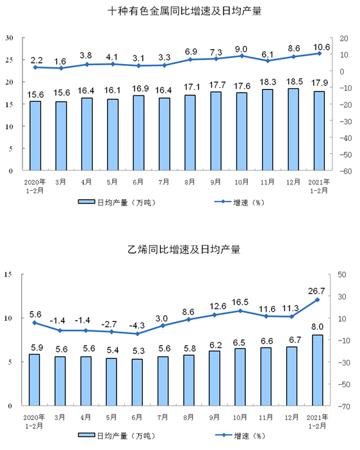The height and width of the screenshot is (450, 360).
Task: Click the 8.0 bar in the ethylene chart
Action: [318, 370]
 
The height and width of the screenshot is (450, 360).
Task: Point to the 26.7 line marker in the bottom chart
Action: [318, 300]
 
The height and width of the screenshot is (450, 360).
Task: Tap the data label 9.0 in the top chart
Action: [241, 49]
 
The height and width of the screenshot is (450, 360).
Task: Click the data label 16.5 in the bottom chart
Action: [241, 301]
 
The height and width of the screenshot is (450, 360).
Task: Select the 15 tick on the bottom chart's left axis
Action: [9, 275]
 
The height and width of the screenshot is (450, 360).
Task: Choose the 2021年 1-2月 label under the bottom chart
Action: [318, 420]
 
